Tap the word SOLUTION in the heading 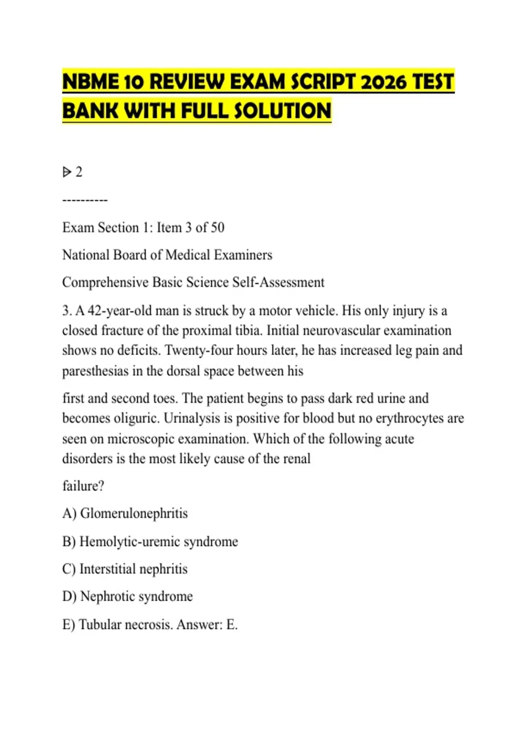pyautogui.click(x=282, y=110)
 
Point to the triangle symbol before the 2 pyautogui.click(x=67, y=172)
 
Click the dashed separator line pyautogui.click(x=85, y=200)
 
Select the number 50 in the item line pyautogui.click(x=217, y=228)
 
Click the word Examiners pyautogui.click(x=243, y=255)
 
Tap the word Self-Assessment pyautogui.click(x=278, y=282)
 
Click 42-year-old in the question pyautogui.click(x=117, y=311)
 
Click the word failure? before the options pyautogui.click(x=83, y=486)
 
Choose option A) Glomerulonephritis pyautogui.click(x=125, y=513)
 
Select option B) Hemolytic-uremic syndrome pyautogui.click(x=150, y=541)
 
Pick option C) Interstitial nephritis pyautogui.click(x=125, y=569)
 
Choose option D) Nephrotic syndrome pyautogui.click(x=128, y=596)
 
